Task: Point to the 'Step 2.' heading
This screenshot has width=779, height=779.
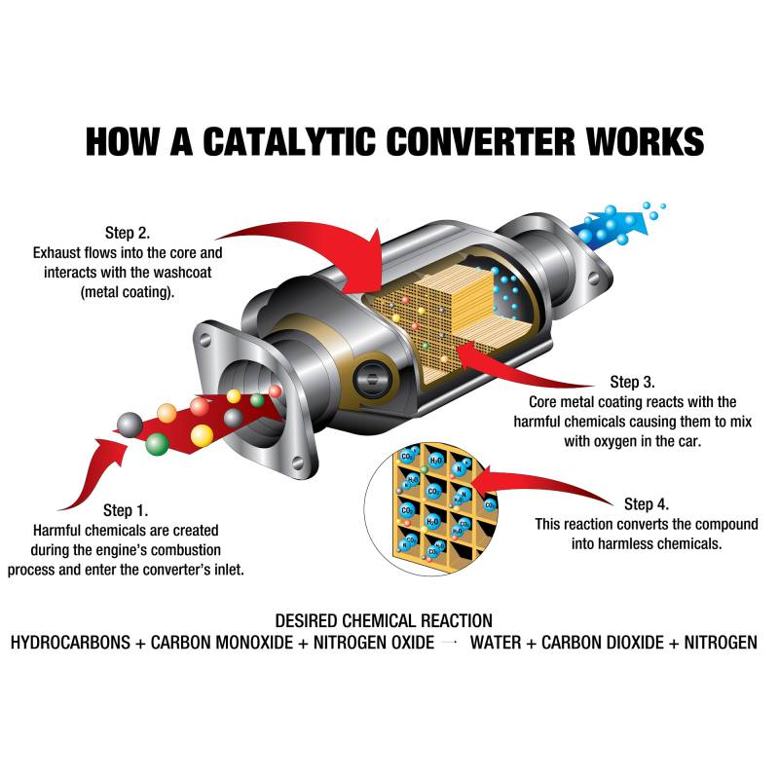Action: point(128,233)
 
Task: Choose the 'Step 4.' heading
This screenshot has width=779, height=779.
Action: point(647,503)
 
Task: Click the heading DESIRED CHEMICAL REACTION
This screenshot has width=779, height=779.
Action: point(383,620)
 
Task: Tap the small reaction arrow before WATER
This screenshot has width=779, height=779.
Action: point(450,643)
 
